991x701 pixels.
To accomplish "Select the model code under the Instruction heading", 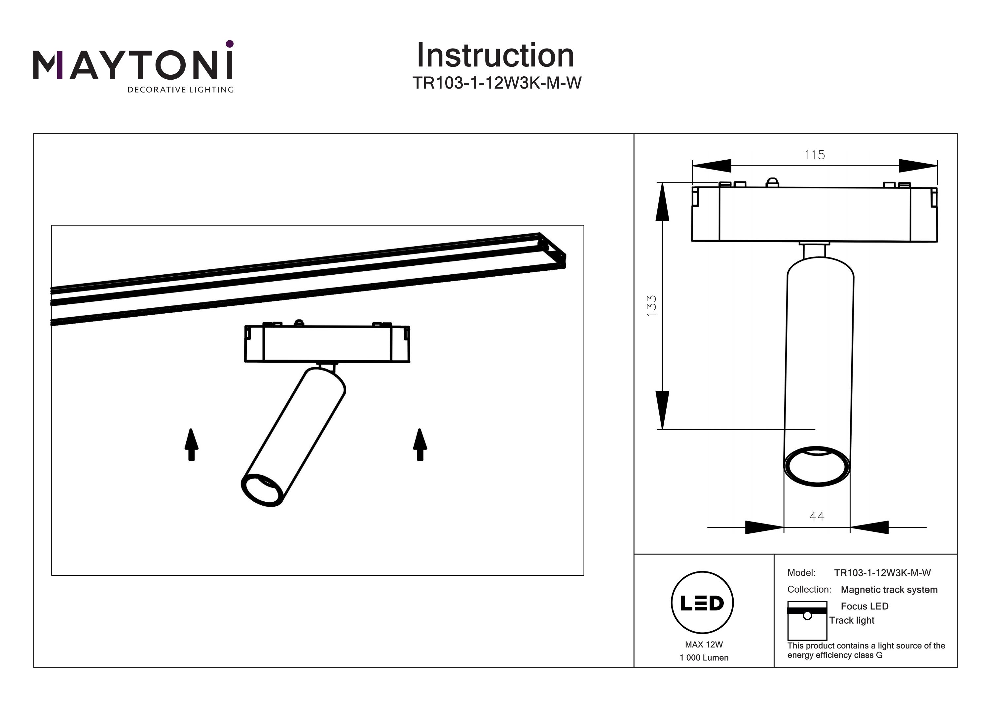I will pyautogui.click(x=497, y=83).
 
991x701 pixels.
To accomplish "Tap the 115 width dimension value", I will pyautogui.click(x=815, y=155).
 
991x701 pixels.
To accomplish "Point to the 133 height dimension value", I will pyautogui.click(x=651, y=305).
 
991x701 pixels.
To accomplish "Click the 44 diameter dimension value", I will pyautogui.click(x=817, y=516).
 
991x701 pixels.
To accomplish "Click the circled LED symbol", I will pyautogui.click(x=702, y=603).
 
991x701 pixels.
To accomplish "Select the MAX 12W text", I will pyautogui.click(x=704, y=644).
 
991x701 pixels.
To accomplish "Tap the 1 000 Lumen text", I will pyautogui.click(x=704, y=658).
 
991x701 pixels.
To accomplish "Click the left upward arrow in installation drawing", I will pyautogui.click(x=192, y=445).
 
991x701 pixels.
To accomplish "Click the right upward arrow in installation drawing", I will pyautogui.click(x=420, y=445).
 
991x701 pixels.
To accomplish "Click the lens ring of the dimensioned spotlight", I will pyautogui.click(x=817, y=466).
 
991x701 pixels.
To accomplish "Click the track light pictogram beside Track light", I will pyautogui.click(x=807, y=621).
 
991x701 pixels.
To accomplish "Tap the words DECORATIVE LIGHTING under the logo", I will pyautogui.click(x=180, y=90).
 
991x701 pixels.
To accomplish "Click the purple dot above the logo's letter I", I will pyautogui.click(x=230, y=44).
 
